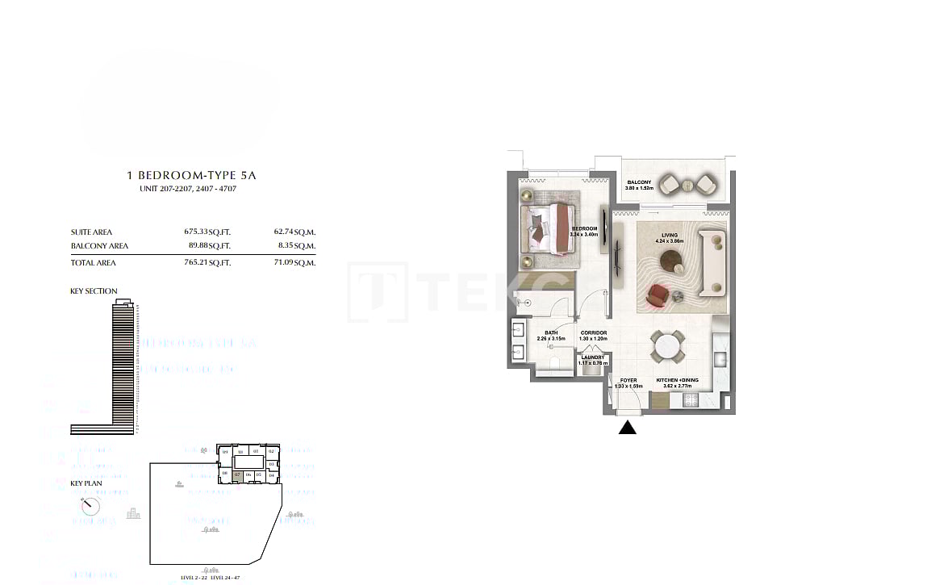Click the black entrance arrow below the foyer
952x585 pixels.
(627, 428)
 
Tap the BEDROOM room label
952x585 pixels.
(583, 228)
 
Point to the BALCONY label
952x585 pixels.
(639, 183)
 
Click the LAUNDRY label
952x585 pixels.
(592, 357)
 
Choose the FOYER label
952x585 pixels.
(628, 380)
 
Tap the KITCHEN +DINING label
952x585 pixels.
(677, 380)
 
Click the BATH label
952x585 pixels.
(551, 332)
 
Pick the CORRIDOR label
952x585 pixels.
(593, 332)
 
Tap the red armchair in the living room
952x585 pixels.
(658, 295)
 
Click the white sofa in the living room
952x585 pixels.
(714, 262)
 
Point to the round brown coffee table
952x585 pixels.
(671, 261)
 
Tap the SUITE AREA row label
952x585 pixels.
(91, 232)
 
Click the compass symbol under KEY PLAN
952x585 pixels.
(90, 506)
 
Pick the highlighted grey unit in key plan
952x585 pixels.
(237, 476)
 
